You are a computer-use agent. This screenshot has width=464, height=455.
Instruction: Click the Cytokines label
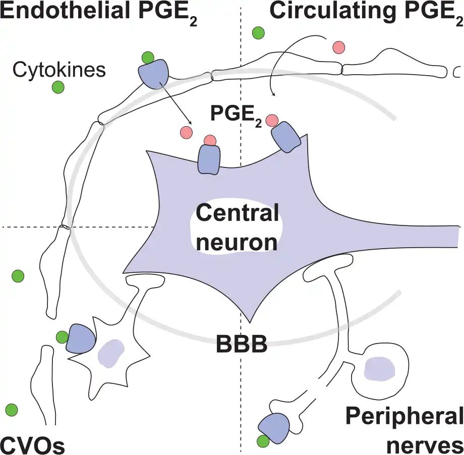click(59, 70)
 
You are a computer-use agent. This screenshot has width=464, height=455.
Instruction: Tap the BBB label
click(241, 345)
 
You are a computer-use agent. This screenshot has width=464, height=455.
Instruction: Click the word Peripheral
click(404, 418)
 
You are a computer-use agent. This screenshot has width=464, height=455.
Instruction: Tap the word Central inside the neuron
click(237, 214)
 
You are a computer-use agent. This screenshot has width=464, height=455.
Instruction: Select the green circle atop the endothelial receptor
click(148, 57)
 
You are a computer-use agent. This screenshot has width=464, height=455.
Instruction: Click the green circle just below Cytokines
click(59, 87)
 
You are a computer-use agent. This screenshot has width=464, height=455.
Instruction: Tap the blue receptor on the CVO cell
click(80, 338)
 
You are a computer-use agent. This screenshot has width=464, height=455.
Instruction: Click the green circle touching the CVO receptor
click(62, 336)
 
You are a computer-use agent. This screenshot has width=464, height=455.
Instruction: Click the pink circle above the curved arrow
click(338, 47)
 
